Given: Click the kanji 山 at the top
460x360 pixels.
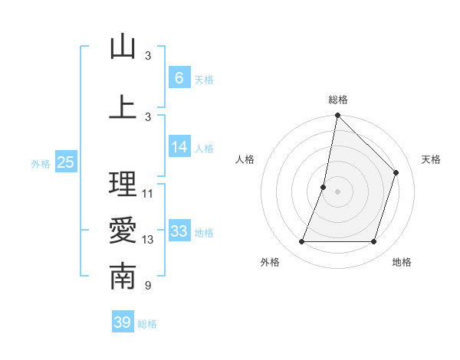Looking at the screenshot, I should (x=123, y=47).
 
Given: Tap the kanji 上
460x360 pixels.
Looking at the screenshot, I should (x=123, y=107).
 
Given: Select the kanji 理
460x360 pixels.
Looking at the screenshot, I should (x=123, y=184).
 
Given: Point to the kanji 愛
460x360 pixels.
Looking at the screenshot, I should (x=123, y=231).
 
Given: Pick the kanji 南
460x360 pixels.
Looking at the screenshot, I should (x=123, y=277).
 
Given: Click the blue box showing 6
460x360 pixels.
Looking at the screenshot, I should (x=179, y=77).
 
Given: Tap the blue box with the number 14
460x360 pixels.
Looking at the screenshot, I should (x=179, y=147).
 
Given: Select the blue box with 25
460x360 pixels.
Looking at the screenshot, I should (x=65, y=162).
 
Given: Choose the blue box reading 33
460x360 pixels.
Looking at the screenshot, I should (x=179, y=231).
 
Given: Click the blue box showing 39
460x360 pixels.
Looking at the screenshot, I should (x=122, y=322).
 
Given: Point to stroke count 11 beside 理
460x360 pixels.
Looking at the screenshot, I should (x=148, y=194).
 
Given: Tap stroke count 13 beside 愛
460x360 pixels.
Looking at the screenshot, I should (x=148, y=240).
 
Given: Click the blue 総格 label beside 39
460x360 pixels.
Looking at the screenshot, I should (x=147, y=324).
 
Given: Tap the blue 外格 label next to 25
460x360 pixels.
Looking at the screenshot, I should (x=40, y=163).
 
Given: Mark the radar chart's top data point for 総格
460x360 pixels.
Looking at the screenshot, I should (x=337, y=116).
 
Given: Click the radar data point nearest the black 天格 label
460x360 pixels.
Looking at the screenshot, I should (x=396, y=172).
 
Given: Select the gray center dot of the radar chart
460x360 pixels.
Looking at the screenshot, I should (x=337, y=191).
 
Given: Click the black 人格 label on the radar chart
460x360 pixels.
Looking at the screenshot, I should (x=245, y=159).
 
